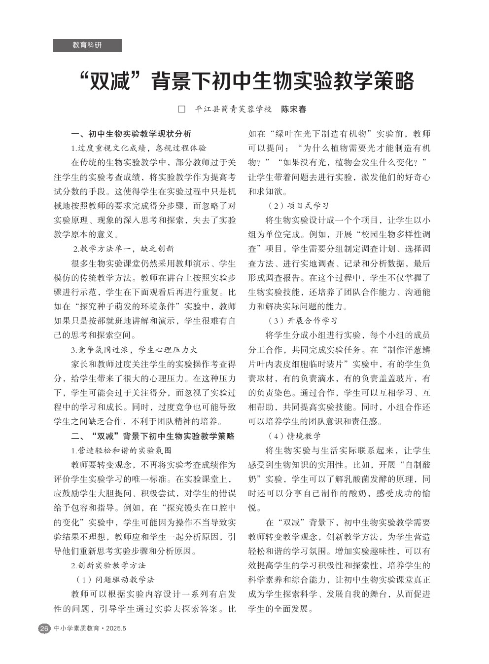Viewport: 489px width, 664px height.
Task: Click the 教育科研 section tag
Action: click(87, 45)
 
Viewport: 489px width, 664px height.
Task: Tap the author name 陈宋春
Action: click(294, 109)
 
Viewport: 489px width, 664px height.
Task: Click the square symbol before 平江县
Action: click(181, 109)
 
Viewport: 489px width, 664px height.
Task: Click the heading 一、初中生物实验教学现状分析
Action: click(131, 134)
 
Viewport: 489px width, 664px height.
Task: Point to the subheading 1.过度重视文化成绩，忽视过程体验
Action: click(139, 148)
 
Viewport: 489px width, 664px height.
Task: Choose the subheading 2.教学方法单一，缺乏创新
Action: click(124, 249)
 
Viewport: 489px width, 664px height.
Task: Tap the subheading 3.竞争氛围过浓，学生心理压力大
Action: click(134, 350)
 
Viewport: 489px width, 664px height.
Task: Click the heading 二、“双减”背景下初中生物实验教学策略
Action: click(153, 436)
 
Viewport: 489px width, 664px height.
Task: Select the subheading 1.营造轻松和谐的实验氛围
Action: click(121, 450)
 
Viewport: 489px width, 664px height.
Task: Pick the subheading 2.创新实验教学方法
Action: click(108, 565)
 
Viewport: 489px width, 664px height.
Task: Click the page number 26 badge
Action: click(44, 628)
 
